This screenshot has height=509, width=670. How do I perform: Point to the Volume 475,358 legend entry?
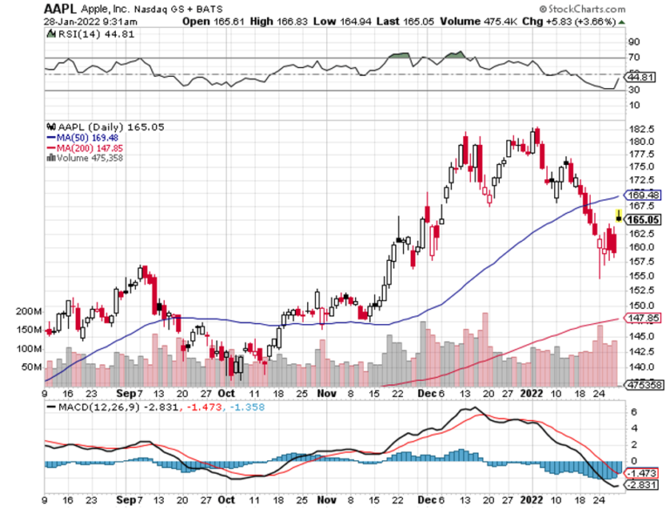93,158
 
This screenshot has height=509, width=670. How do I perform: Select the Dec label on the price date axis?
425,394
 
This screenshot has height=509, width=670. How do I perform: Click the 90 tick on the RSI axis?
633,41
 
